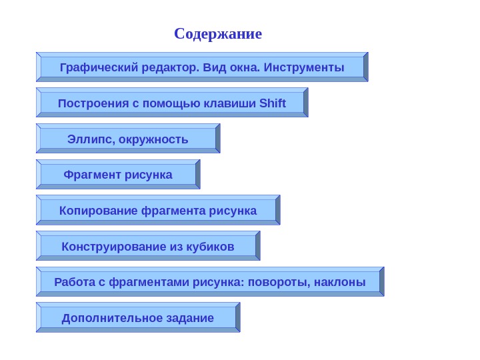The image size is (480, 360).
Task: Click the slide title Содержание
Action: (218, 33)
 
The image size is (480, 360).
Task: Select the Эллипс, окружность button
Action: (127, 139)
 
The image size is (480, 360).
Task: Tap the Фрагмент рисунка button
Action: (118, 175)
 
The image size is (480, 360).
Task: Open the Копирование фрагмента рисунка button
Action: (157, 211)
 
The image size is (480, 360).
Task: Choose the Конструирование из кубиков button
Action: (148, 247)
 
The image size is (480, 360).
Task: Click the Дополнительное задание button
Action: (138, 317)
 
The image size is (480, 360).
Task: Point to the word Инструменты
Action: (304, 67)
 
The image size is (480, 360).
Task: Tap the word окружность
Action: (157, 139)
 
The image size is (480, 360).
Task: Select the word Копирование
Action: (99, 211)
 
